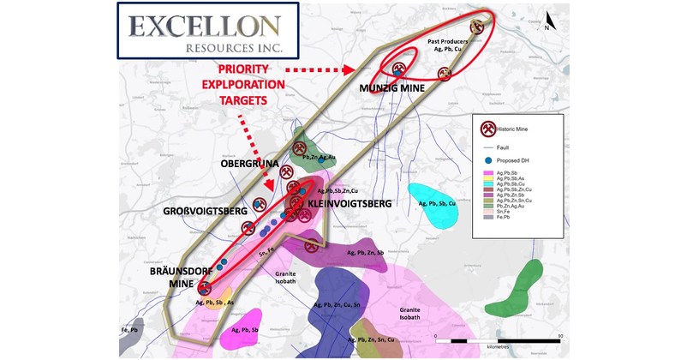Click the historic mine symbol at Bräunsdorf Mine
204,287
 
